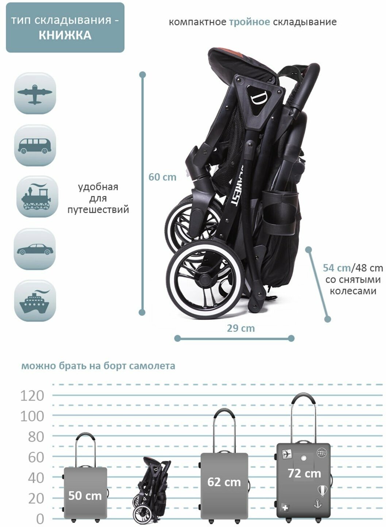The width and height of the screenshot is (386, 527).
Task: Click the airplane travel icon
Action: (35, 94)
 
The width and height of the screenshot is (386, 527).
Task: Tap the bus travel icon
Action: (35, 145)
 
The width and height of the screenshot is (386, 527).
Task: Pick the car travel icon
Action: (35, 249)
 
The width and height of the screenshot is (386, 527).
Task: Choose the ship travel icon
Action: (35, 301)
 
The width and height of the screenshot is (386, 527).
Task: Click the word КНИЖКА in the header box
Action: (65, 35)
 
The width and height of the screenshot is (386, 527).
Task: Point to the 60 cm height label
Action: (162, 177)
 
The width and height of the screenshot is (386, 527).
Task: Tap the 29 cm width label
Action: (241, 328)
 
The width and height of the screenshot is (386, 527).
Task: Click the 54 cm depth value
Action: (336, 268)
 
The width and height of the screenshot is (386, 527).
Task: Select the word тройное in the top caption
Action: (250, 22)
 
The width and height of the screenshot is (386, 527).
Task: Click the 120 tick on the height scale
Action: (32, 395)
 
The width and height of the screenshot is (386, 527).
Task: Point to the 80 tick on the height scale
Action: (36, 437)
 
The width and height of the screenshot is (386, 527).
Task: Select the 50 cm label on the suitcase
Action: (85, 496)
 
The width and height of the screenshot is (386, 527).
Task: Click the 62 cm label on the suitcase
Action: (224, 482)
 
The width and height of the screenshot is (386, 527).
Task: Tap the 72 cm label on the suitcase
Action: (304, 474)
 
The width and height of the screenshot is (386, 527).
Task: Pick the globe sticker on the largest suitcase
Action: (321, 453)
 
